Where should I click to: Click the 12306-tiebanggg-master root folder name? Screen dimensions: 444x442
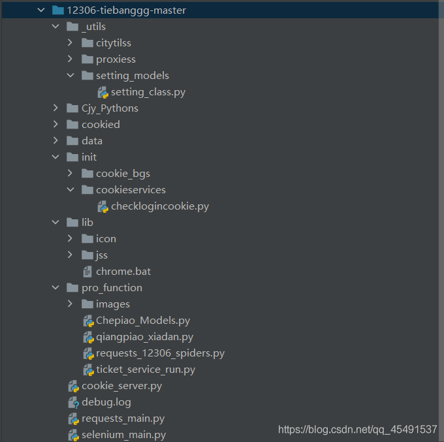point(126,10)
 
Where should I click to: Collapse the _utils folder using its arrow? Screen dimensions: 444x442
point(55,27)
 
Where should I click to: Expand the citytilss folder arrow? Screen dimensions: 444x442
point(70,42)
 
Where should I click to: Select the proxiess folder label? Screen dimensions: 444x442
point(116,59)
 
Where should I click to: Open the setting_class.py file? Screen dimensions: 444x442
point(148,92)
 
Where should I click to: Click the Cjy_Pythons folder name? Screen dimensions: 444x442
point(110,108)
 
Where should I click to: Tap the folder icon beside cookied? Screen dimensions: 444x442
point(72,124)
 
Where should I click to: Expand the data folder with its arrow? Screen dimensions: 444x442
point(55,141)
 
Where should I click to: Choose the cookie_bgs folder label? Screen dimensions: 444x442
point(123,174)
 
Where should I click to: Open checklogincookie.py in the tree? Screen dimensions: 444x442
point(160,206)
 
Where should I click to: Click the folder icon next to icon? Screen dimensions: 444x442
point(87,239)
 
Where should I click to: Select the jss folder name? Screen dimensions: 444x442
point(102,255)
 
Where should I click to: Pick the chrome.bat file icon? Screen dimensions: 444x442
point(87,272)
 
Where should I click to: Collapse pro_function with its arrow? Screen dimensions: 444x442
point(55,288)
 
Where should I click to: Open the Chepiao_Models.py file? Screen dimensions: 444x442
point(143,321)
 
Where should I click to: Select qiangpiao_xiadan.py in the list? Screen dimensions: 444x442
point(144,337)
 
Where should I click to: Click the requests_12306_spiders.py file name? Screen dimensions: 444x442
point(160,353)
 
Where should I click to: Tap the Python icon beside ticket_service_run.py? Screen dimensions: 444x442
point(89,370)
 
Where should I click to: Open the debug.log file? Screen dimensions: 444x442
point(106,402)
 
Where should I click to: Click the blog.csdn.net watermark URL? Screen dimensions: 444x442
point(357,430)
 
